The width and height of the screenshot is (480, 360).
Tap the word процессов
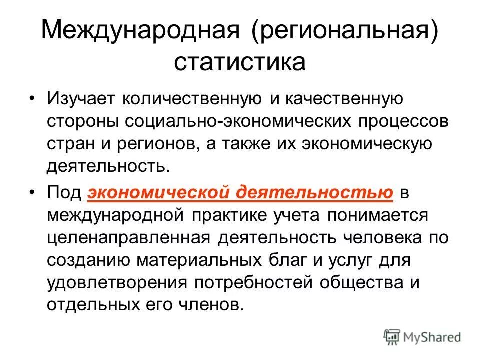pyautogui.click(x=392, y=121)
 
